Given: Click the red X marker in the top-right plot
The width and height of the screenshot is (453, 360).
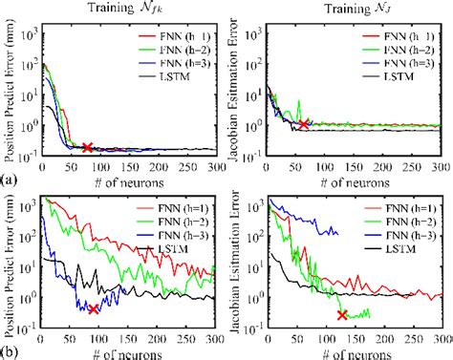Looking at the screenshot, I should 303,124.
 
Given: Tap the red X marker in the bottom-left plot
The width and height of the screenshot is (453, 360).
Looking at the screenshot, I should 93,309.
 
